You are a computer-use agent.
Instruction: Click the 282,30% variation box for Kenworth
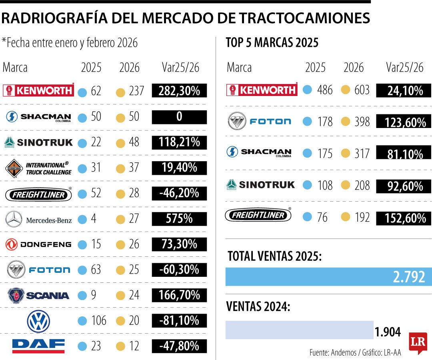click(179, 91)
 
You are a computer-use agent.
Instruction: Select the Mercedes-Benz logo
click(39, 219)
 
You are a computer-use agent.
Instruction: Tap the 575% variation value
click(179, 219)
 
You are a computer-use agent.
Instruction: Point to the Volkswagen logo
click(38, 321)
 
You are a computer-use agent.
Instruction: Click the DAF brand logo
click(38, 346)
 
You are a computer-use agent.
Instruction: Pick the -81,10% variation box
click(179, 320)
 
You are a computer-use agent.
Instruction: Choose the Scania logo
click(38, 295)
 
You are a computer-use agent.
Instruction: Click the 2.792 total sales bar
click(328, 277)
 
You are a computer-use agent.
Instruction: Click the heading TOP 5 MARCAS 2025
click(272, 42)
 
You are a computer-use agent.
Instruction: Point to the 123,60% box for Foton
click(404, 122)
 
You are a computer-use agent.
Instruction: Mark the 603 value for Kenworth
click(362, 90)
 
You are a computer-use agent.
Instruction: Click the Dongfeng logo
click(39, 244)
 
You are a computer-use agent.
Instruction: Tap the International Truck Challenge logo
click(39, 168)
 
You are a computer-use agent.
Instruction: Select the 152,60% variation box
click(404, 218)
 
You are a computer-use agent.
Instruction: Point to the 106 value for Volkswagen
click(98, 320)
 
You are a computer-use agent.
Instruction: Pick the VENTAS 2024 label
click(258, 307)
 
